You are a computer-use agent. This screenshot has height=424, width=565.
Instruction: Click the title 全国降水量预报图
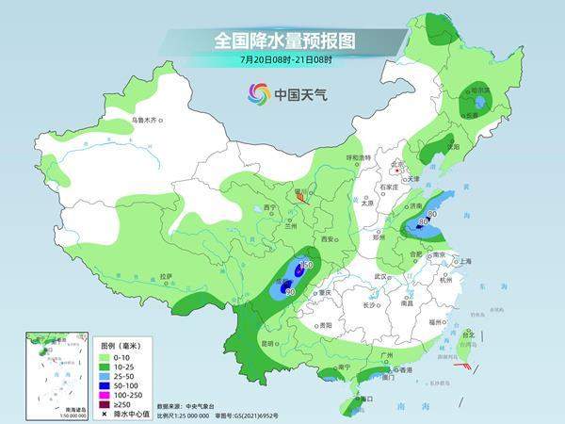tap(282, 41)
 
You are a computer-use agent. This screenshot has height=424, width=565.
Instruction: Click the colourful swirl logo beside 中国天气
tap(258, 93)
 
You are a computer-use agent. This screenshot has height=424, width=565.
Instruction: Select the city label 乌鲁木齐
tap(146, 120)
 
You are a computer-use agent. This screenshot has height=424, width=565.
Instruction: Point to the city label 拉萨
tap(166, 276)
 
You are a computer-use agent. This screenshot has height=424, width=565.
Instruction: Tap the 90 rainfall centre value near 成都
tap(290, 292)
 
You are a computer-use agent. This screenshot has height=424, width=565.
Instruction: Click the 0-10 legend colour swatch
tap(103, 356)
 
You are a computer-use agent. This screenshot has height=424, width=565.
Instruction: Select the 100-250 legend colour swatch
tap(103, 393)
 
